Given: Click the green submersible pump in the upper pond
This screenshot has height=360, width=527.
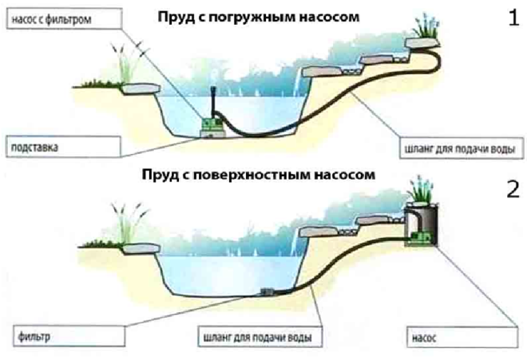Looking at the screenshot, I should (212, 124).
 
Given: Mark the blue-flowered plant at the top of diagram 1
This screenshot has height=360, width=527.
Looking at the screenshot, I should (424, 30).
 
